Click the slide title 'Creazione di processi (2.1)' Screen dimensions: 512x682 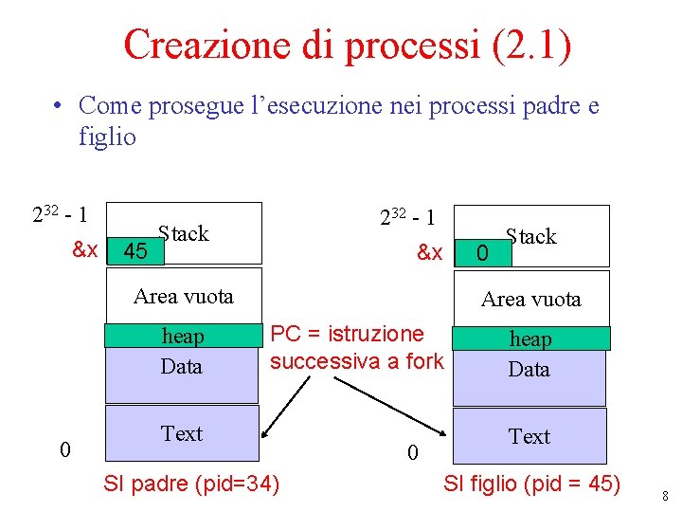tap(348, 46)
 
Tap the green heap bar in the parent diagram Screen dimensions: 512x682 tap(181, 336)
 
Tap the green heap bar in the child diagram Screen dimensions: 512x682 tap(530, 338)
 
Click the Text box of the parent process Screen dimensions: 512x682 tap(181, 433)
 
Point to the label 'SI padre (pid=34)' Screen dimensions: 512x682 tap(191, 485)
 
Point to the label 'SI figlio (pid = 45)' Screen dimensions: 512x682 tap(531, 485)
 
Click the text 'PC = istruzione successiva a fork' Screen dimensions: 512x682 tap(356, 347)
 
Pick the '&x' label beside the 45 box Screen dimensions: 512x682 tap(85, 250)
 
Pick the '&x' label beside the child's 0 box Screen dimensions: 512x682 tap(430, 253)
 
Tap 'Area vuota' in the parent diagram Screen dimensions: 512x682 tap(183, 296)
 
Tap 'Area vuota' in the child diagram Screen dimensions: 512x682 tap(530, 300)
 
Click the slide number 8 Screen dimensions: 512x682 tap(666, 496)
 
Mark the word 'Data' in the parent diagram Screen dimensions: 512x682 tap(181, 366)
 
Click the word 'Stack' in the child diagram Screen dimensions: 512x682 tap(531, 236)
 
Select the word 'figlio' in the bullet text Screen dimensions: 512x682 tap(107, 137)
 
